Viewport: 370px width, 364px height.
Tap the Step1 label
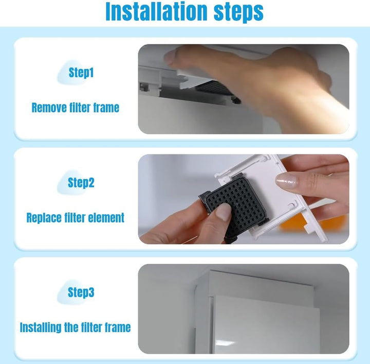[81, 72]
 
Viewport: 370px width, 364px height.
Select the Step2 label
[81, 182]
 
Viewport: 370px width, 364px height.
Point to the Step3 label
[81, 292]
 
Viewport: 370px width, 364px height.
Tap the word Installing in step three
[41, 327]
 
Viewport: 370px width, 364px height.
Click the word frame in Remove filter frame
[106, 108]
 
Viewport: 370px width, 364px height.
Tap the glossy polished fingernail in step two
[286, 180]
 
